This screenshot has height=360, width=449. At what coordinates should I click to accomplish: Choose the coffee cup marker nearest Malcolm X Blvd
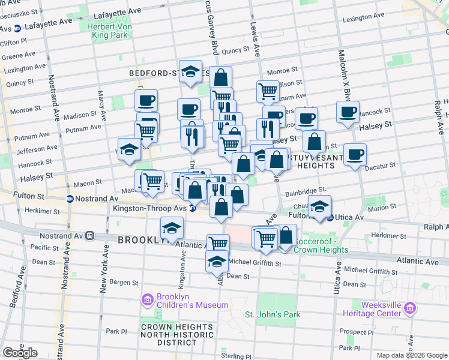pyautogui.click(x=348, y=112)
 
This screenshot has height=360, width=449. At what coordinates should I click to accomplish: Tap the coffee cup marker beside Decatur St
pyautogui.click(x=355, y=154)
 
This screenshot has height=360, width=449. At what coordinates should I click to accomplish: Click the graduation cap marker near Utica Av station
pyautogui.click(x=320, y=206)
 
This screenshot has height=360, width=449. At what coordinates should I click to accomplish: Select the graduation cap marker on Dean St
pyautogui.click(x=217, y=261)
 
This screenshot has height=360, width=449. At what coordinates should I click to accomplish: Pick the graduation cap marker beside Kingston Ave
pyautogui.click(x=172, y=228)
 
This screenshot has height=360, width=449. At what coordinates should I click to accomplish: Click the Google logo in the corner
pyautogui.click(x=20, y=353)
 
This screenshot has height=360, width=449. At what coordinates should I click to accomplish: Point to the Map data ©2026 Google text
pyautogui.click(x=412, y=355)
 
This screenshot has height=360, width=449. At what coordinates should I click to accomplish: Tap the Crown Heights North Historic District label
pyautogui.click(x=177, y=334)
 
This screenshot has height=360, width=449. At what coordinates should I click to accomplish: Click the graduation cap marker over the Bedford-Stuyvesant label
pyautogui.click(x=190, y=71)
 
